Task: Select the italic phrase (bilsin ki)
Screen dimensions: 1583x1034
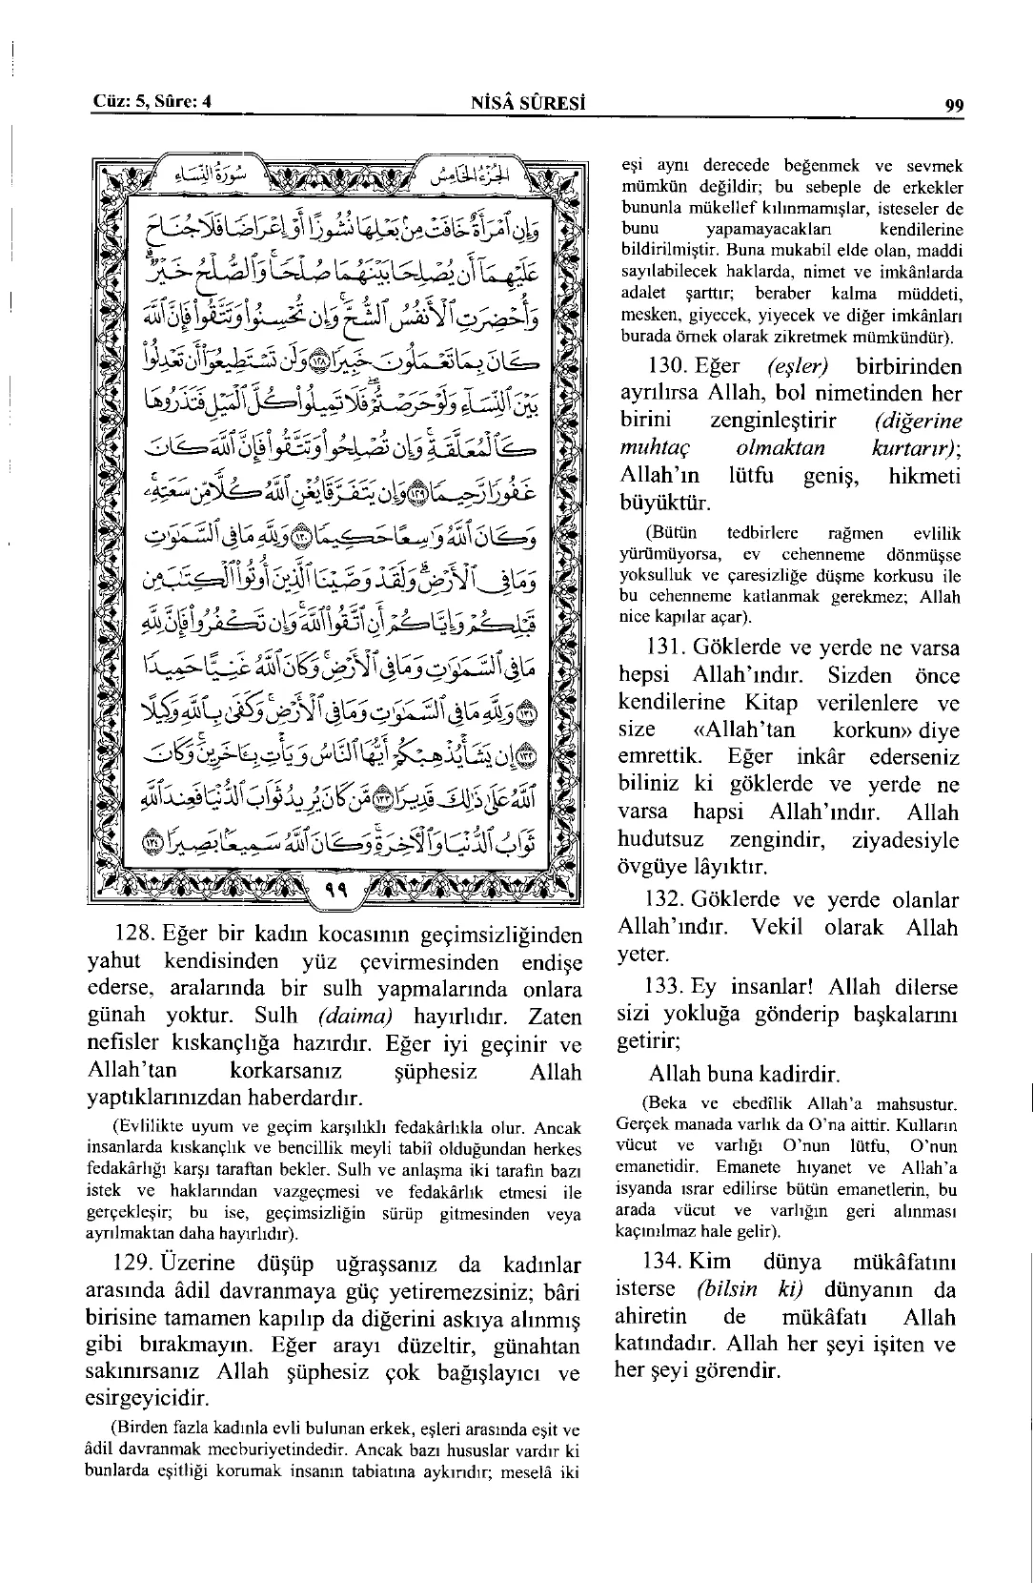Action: click(749, 1289)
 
